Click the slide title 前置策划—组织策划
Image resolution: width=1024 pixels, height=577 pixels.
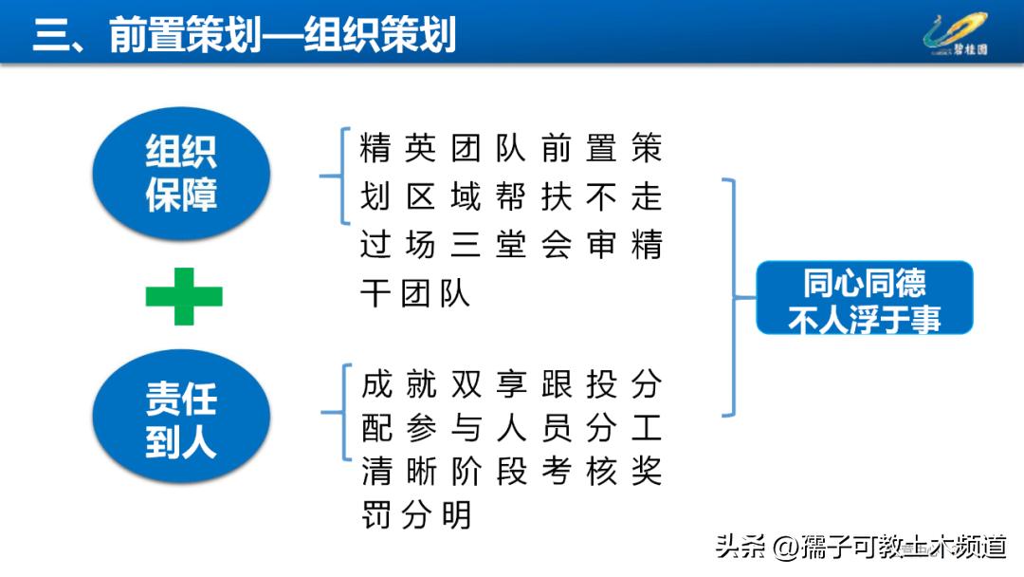coord(245,34)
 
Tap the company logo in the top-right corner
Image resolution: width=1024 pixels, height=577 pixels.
coord(957,33)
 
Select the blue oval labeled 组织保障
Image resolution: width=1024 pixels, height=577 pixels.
coord(181,173)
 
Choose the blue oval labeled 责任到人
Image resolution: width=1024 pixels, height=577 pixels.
coord(181,419)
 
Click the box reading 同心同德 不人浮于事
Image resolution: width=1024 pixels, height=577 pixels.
coord(864,298)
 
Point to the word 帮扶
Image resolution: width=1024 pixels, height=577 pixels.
coord(534,196)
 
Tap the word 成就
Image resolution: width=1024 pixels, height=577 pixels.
coord(397,384)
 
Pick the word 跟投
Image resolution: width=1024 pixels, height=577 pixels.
coord(579,384)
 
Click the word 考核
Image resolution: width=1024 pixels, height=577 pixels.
coord(579,472)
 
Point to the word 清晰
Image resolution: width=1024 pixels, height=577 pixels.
coord(397,472)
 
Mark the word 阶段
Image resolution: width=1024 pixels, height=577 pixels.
coord(488,472)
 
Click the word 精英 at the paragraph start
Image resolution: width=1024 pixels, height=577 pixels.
coord(397,149)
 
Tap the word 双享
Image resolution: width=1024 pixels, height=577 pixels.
coord(488,384)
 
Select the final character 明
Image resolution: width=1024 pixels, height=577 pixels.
coord(456,515)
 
